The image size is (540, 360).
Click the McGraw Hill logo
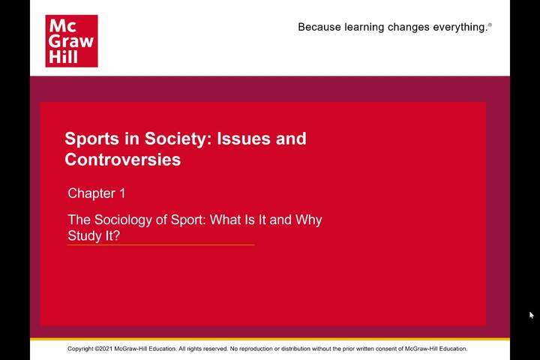tap(72, 41)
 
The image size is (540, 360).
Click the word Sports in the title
tap(88, 139)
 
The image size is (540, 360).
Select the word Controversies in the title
tap(122, 160)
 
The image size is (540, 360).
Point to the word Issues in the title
tap(244, 139)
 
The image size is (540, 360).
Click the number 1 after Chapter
tap(122, 193)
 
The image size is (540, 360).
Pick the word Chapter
tap(91, 193)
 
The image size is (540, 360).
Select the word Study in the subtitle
tap(82, 236)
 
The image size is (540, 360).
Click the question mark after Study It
tap(116, 235)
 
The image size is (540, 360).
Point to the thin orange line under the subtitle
tap(160, 245)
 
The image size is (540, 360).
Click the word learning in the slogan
tap(364, 27)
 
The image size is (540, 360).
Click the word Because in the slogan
tap(319, 27)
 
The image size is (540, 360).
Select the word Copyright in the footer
tap(80, 349)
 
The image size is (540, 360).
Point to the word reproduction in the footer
tap(256, 349)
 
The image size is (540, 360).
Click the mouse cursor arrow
tap(532, 315)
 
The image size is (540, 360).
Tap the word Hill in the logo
tap(63, 56)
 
